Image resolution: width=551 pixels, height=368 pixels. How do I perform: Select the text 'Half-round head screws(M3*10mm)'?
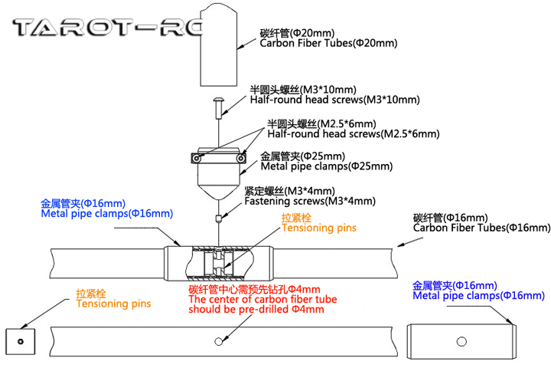click(x=335, y=100)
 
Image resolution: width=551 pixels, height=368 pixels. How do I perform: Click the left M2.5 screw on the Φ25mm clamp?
click(x=197, y=158)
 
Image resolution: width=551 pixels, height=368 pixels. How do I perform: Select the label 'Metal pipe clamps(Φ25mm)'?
click(x=327, y=166)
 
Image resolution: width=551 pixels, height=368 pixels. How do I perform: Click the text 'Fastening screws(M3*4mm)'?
click(x=310, y=202)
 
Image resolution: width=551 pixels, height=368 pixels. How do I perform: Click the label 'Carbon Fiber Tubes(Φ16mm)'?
click(x=481, y=228)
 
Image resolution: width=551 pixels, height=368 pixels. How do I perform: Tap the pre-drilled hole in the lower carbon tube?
click(x=219, y=340)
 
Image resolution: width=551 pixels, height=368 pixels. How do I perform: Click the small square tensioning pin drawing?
click(x=21, y=340)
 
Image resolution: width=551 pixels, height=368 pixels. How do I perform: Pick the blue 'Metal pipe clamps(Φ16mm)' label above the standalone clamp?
click(x=478, y=295)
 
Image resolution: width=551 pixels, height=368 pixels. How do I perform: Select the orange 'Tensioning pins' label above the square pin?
click(x=113, y=304)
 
